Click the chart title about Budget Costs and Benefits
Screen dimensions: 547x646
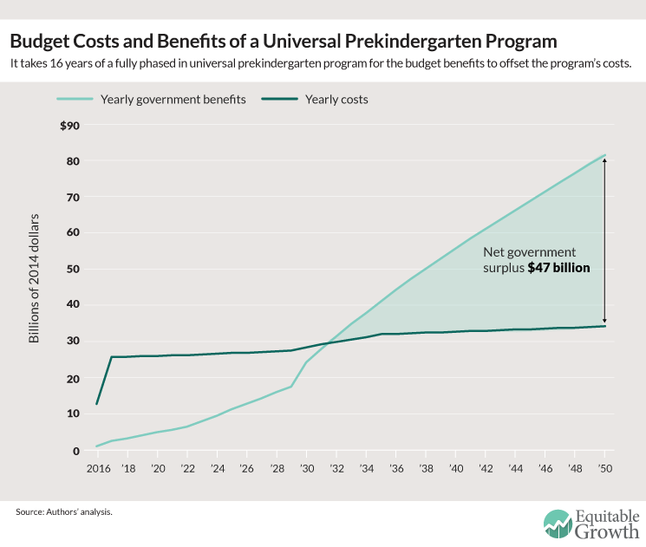tap(284, 41)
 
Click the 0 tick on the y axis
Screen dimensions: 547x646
tap(76, 451)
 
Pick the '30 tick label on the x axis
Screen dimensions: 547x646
tap(306, 469)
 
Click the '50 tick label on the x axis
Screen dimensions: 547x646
tap(604, 469)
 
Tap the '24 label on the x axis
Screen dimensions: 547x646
tap(217, 469)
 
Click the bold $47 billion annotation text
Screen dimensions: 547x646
tap(558, 268)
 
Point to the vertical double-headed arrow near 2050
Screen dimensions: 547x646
tap(604, 240)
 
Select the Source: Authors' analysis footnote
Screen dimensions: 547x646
tap(64, 512)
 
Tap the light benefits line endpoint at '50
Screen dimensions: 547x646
tap(604, 155)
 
